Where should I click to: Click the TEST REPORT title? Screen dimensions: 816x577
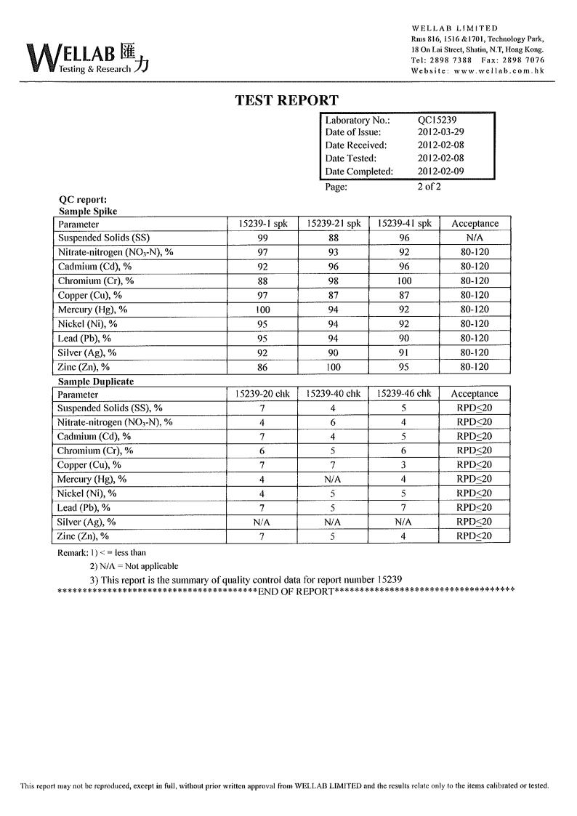pyautogui.click(x=286, y=100)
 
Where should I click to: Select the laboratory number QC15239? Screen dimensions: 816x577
pyautogui.click(x=437, y=120)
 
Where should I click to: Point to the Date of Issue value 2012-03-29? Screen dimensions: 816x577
pyautogui.click(x=440, y=132)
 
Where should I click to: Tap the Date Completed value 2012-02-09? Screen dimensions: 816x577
pyautogui.click(x=440, y=171)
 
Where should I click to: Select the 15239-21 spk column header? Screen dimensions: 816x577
pyautogui.click(x=334, y=224)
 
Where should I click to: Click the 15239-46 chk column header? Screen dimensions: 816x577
pyautogui.click(x=404, y=394)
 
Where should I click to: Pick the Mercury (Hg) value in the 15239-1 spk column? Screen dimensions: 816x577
pyautogui.click(x=262, y=310)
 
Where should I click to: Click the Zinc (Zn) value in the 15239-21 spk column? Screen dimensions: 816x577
pyautogui.click(x=334, y=367)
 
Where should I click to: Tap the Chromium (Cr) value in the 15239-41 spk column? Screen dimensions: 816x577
pyautogui.click(x=404, y=281)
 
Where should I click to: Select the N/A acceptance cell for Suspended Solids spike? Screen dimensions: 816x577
pyautogui.click(x=475, y=238)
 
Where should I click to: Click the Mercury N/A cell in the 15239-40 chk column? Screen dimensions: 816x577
pyautogui.click(x=334, y=480)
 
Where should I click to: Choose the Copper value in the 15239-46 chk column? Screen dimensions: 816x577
pyautogui.click(x=404, y=465)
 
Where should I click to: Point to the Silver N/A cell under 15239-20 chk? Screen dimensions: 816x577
pyautogui.click(x=262, y=522)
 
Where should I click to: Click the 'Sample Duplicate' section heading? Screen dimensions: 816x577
pyautogui.click(x=96, y=381)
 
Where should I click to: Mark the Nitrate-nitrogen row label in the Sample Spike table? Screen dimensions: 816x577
pyautogui.click(x=116, y=252)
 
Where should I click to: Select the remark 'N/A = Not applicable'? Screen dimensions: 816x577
pyautogui.click(x=134, y=566)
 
